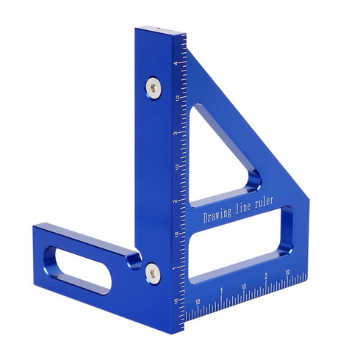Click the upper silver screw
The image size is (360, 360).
coord(153,87)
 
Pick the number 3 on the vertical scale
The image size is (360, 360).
coord(176,134)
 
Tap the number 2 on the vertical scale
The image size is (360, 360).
coord(175,201)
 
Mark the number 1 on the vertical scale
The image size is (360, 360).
coord(175,267)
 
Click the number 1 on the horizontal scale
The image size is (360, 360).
coord(221,291)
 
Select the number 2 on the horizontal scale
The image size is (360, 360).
coord(265,278)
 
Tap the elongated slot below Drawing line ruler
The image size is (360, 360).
coord(239,253)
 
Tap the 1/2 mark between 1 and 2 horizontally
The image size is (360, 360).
coord(243,284)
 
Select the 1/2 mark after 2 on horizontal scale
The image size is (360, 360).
coord(287,271)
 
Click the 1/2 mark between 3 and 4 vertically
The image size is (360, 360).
coord(176,98)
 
